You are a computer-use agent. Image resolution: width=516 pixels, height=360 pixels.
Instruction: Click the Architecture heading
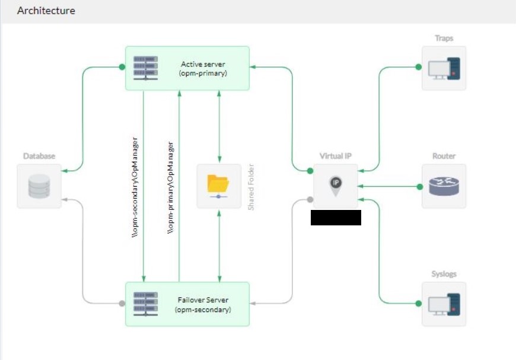click(x=46, y=11)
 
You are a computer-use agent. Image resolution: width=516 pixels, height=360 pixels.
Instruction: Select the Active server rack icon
click(x=145, y=68)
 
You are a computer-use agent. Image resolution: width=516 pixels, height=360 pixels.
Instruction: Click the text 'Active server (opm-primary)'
click(x=203, y=68)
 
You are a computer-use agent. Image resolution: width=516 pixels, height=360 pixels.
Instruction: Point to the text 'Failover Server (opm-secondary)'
click(x=203, y=305)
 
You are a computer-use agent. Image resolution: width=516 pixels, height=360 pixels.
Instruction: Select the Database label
click(x=39, y=156)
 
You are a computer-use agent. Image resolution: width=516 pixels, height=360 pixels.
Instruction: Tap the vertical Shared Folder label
click(x=251, y=187)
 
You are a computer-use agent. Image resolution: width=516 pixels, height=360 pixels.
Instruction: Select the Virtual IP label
click(x=336, y=156)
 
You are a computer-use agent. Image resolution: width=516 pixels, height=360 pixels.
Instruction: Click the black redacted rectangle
click(x=336, y=217)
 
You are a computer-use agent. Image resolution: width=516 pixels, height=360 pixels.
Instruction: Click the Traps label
click(x=444, y=38)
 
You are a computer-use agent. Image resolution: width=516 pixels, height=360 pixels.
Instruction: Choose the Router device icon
click(x=444, y=186)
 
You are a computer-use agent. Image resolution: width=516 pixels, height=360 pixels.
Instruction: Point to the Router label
click(x=444, y=156)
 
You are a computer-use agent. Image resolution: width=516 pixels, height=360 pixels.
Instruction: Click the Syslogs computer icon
click(x=444, y=304)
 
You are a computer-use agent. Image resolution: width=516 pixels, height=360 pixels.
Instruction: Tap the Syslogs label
click(x=444, y=274)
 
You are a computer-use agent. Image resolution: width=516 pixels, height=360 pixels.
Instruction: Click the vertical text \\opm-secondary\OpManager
click(x=135, y=187)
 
